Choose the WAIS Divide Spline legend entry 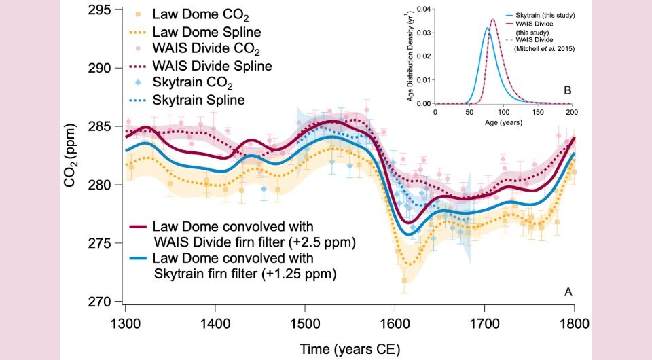pos(212,66)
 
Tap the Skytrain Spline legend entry pos(198,100)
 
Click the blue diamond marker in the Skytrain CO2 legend pos(139,83)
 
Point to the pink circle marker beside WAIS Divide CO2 pos(139,49)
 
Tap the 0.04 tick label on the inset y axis pos(422,9)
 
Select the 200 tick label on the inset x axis pos(572,112)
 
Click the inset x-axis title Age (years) pos(503,124)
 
